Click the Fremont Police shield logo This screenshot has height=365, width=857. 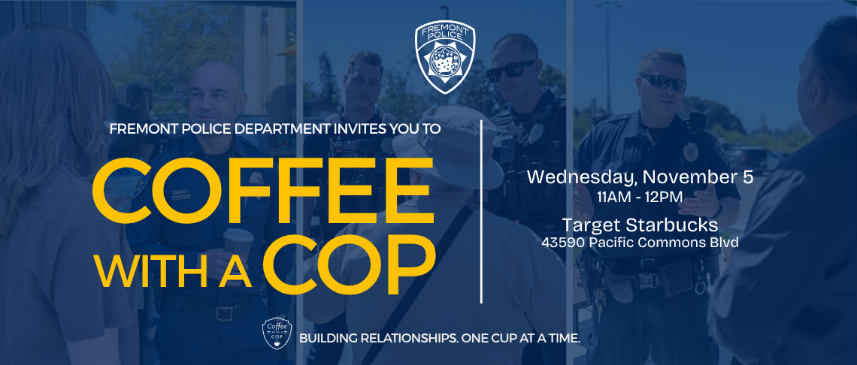click(x=446, y=59)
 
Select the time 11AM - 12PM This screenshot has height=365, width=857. click(x=640, y=198)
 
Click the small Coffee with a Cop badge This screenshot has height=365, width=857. click(x=276, y=335)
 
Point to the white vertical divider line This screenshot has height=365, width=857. click(x=481, y=210)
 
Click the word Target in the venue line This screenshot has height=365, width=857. click(x=590, y=225)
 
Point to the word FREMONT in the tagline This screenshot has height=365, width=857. click(x=140, y=128)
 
